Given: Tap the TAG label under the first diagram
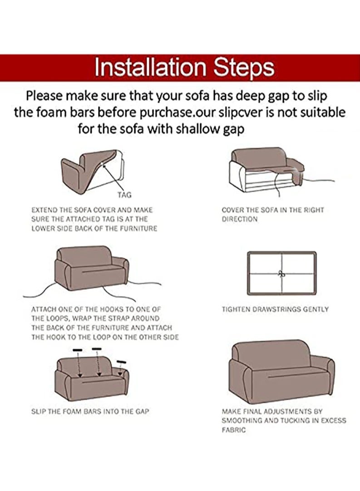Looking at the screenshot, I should point(124,195).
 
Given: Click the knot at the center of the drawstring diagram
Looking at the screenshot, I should point(281,274).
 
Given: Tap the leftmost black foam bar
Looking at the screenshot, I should point(78,350).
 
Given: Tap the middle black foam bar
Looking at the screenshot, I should point(97,349).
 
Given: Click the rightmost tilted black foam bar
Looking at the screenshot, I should point(120,361).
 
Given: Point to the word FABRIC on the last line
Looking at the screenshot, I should point(234,430).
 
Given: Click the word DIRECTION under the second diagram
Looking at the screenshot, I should point(240,219).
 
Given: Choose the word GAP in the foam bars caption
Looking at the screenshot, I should point(142,411).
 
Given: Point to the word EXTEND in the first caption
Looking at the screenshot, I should point(44,210).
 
